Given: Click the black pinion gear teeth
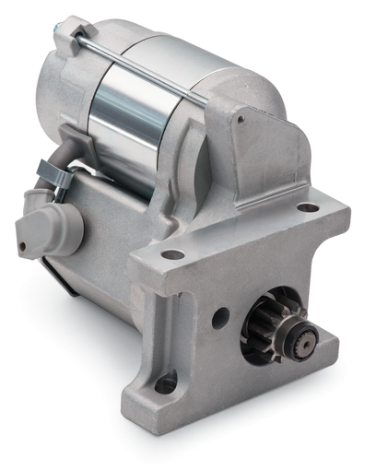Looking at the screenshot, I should coord(261,330).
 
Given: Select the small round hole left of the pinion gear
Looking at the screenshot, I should coord(219,319).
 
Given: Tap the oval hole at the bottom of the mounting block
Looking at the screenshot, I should coord(167,382).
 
